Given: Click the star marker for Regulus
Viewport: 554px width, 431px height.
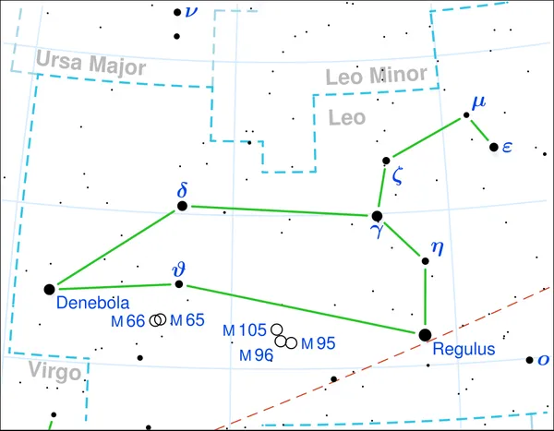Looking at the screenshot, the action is (425, 335).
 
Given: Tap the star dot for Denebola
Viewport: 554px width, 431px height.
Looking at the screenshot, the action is (50, 290).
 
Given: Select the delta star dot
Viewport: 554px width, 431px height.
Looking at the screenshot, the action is (182, 206).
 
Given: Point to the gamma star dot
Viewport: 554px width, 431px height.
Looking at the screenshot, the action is (377, 216).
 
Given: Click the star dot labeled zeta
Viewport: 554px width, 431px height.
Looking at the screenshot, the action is (386, 161).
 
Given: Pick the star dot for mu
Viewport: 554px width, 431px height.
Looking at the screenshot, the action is (466, 115).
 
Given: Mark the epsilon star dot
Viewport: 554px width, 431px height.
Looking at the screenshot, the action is (494, 147).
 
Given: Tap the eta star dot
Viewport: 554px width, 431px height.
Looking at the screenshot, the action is (426, 261).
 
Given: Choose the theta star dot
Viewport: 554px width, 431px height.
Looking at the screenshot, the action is (179, 284).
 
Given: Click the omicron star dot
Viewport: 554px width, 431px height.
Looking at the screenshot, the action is (529, 360).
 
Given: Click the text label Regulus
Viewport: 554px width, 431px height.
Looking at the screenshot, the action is (464, 349).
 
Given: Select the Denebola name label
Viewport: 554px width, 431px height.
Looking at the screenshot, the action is (93, 303).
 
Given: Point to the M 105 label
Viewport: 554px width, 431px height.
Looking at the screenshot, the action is (245, 330).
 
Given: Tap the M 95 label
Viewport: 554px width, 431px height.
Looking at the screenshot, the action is (318, 343).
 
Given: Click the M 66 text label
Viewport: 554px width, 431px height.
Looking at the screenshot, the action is (128, 321).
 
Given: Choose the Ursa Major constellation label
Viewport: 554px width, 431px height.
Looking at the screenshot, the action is (90, 64).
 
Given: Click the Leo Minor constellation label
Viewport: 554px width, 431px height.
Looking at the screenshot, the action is (377, 76).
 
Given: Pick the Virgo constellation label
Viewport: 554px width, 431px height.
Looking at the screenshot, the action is (54, 372).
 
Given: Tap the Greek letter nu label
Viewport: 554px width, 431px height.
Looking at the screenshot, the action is (191, 12).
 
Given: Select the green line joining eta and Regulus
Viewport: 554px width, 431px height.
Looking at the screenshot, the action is (425, 297).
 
